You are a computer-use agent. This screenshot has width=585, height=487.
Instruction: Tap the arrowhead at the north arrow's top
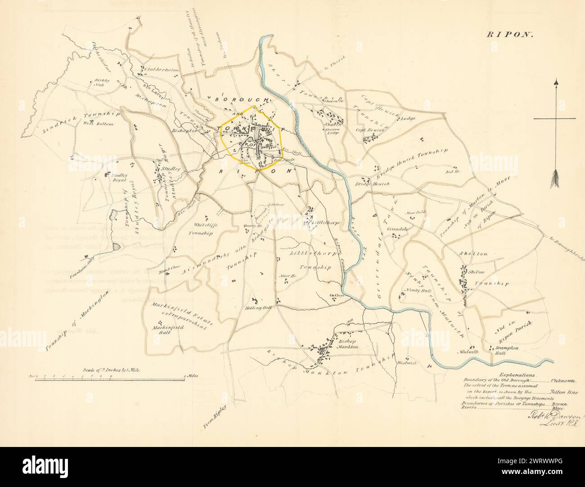pyautogui.click(x=557, y=83)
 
